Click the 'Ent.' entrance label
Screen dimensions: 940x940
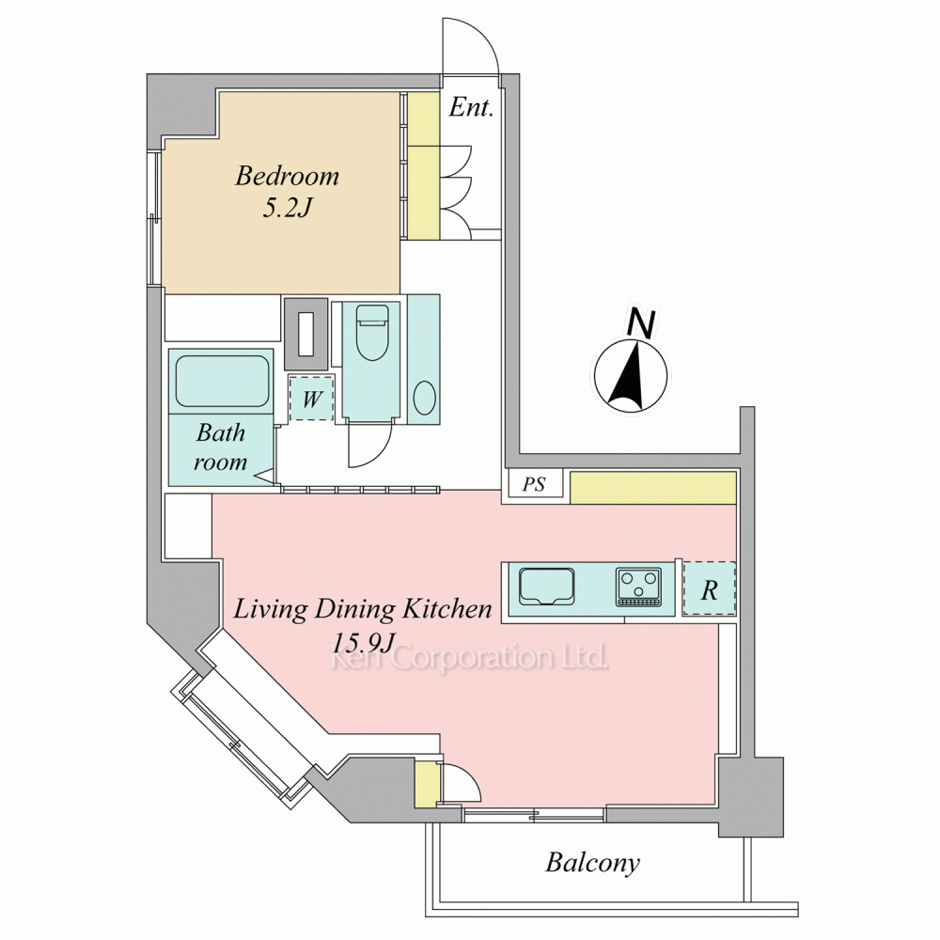471,108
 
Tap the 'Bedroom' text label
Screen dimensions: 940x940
287,176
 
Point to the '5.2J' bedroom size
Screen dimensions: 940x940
288,208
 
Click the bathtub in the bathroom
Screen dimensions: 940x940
222,382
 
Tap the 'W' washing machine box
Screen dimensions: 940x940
311,399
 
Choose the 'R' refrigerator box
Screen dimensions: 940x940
709,588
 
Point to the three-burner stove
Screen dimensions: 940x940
639,587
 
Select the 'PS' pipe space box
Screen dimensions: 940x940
534,484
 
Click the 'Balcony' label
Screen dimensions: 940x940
592,863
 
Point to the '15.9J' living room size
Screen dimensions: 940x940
363,643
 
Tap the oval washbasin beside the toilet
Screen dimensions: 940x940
425,398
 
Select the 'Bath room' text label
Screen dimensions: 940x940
220,446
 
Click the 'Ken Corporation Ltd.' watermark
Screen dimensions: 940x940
470,658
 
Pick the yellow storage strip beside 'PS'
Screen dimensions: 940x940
653,488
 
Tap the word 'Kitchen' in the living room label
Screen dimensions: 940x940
446,609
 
